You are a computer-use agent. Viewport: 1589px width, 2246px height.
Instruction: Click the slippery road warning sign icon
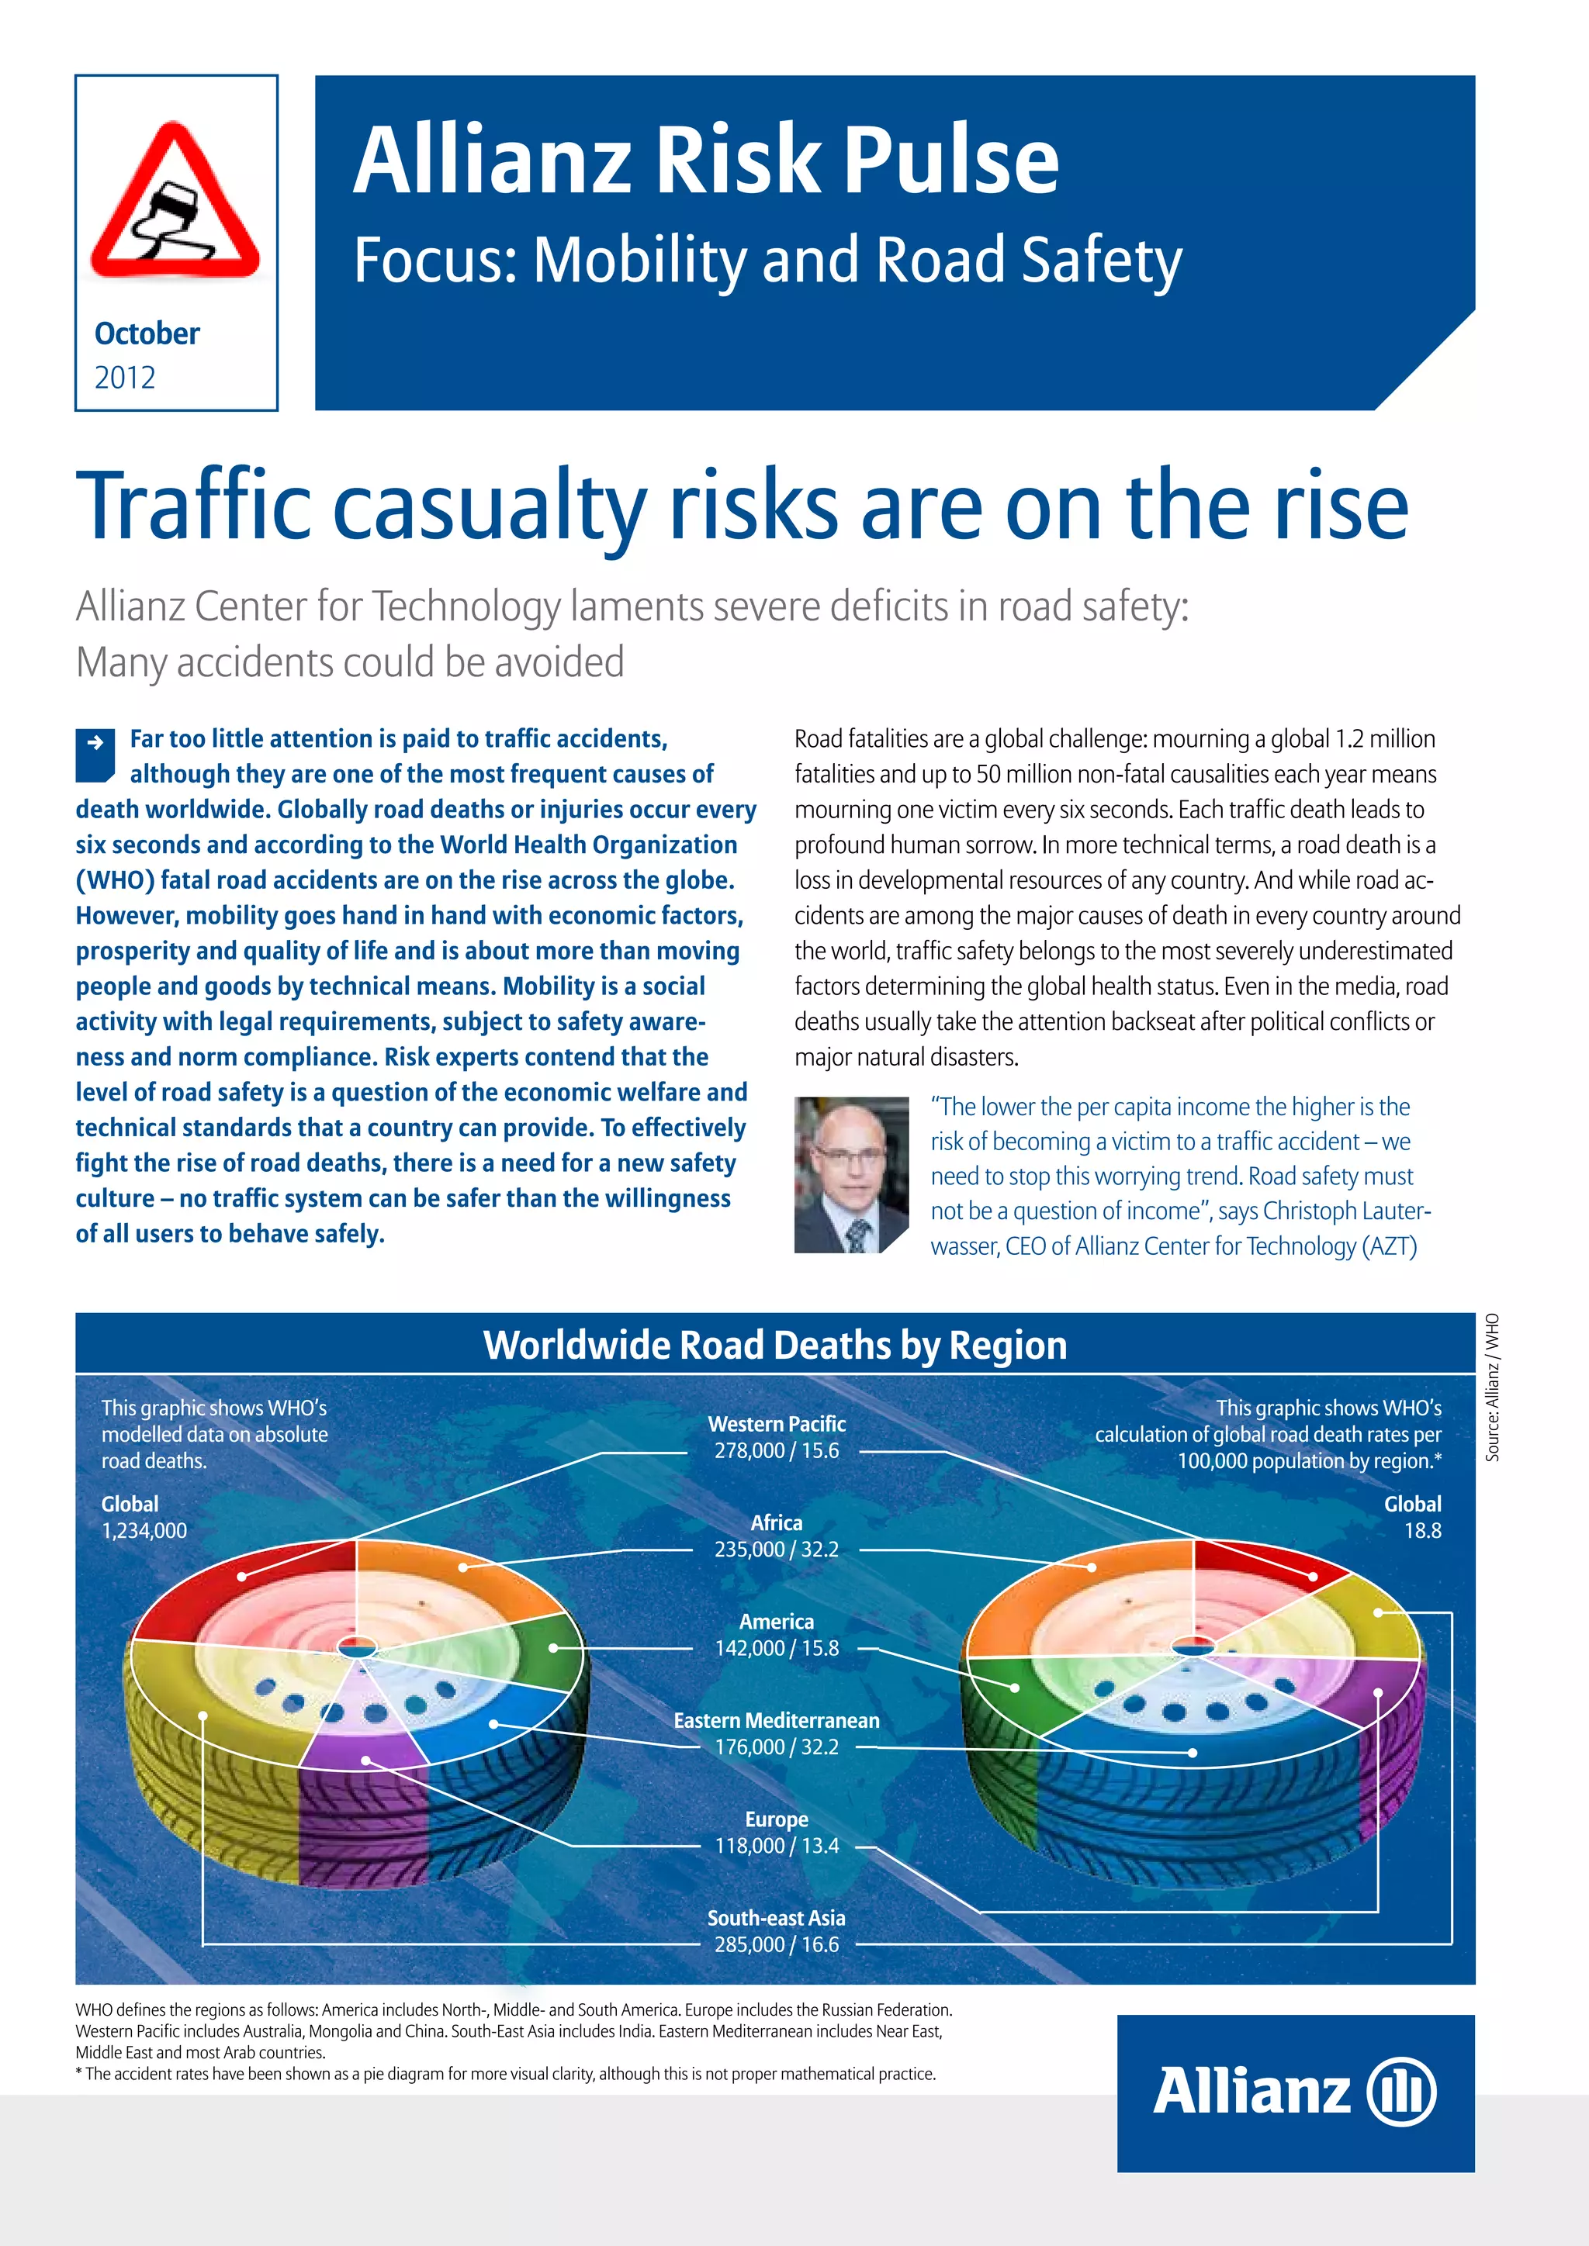click(x=175, y=202)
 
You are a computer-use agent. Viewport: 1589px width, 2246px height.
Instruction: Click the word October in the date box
click(x=147, y=333)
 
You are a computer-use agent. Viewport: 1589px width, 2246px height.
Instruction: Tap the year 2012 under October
click(x=124, y=378)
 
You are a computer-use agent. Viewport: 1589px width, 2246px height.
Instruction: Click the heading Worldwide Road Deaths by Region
click(x=775, y=1345)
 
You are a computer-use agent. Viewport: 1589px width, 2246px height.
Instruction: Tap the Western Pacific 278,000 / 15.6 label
click(x=776, y=1437)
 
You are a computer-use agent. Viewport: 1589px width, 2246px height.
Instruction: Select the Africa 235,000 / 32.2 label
click(x=776, y=1536)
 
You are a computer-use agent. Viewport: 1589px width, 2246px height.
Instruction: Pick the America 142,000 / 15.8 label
click(x=776, y=1635)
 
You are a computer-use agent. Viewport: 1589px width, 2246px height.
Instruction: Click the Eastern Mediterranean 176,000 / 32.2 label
click(x=776, y=1733)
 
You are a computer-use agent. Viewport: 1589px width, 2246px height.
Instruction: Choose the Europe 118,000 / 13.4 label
click(x=776, y=1832)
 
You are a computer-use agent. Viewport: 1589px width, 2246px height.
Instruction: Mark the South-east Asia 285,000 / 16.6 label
click(x=776, y=1931)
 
